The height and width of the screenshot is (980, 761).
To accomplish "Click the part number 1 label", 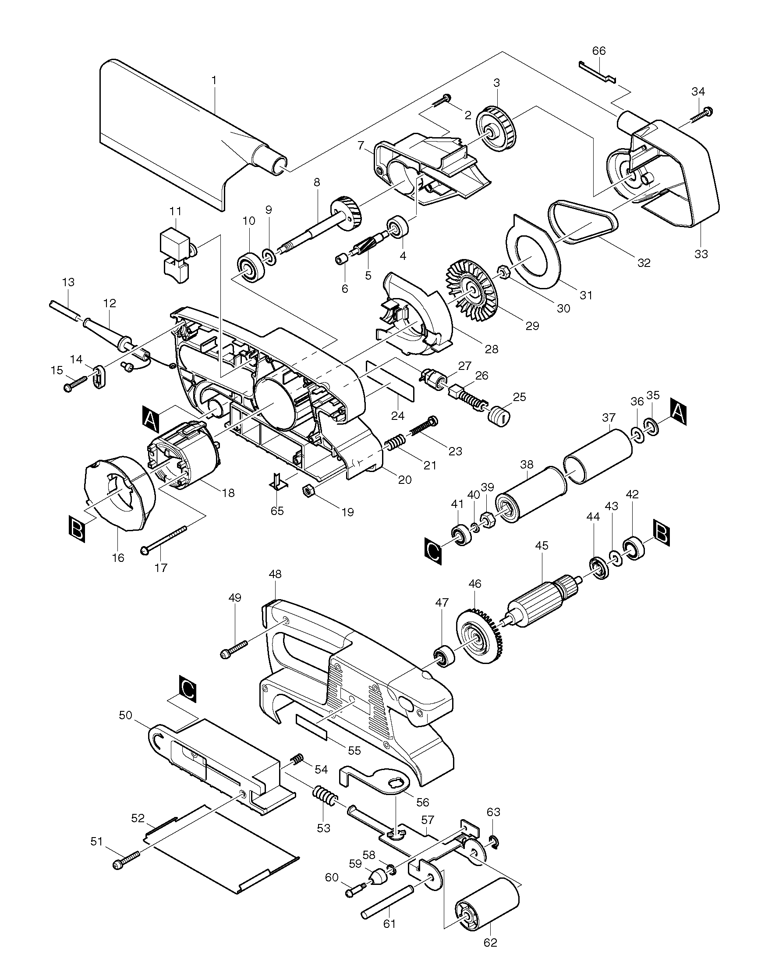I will click(x=214, y=80).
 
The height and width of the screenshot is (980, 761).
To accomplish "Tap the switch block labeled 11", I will click(x=175, y=255).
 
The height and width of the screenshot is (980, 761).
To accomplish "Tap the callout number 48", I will click(x=275, y=574).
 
